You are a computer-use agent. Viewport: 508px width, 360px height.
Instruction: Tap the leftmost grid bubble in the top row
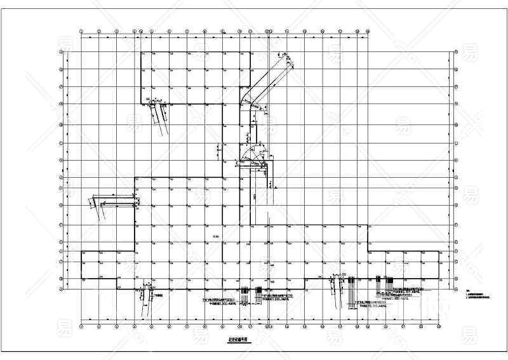[x=81, y=30]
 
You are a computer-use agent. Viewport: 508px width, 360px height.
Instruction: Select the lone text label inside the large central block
[x=215, y=237]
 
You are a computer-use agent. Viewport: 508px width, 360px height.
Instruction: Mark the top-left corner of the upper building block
[x=141, y=52]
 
